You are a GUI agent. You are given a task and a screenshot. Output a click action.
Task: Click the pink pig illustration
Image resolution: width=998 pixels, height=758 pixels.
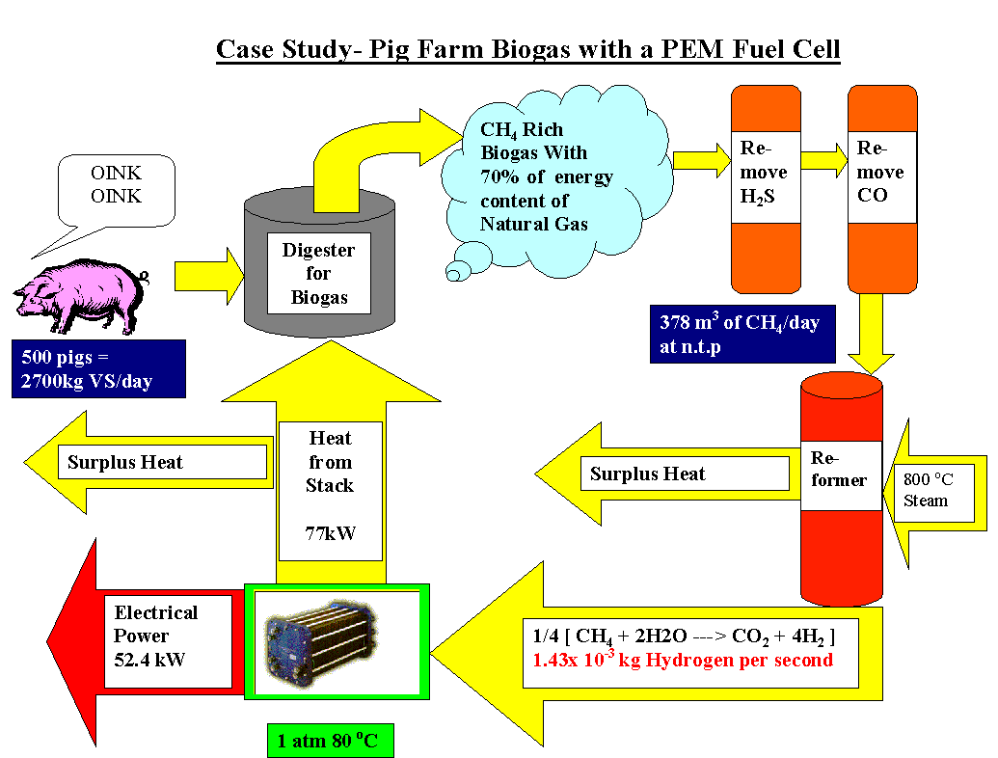77,295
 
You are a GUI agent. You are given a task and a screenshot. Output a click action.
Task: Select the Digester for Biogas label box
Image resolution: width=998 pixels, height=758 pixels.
318,273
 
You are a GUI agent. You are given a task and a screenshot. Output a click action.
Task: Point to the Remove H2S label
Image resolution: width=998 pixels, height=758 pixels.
764,173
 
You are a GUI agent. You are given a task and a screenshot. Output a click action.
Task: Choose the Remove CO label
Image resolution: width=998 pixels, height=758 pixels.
879,173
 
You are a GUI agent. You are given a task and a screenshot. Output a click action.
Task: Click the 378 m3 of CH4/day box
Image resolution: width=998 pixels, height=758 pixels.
739,334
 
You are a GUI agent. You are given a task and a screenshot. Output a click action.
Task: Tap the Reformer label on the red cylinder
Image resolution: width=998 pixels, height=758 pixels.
840,468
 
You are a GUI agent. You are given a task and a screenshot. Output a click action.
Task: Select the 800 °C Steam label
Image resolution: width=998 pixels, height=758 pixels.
926,489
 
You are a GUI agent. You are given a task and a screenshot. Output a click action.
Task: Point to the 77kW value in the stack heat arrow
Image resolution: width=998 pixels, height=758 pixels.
330,531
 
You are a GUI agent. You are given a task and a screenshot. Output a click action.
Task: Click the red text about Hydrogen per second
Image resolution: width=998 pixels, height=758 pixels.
681,662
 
